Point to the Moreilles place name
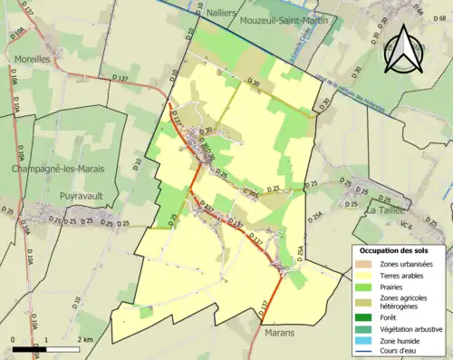(33, 59)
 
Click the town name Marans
(280, 333)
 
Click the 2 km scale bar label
(85, 339)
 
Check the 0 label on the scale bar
(14, 339)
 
